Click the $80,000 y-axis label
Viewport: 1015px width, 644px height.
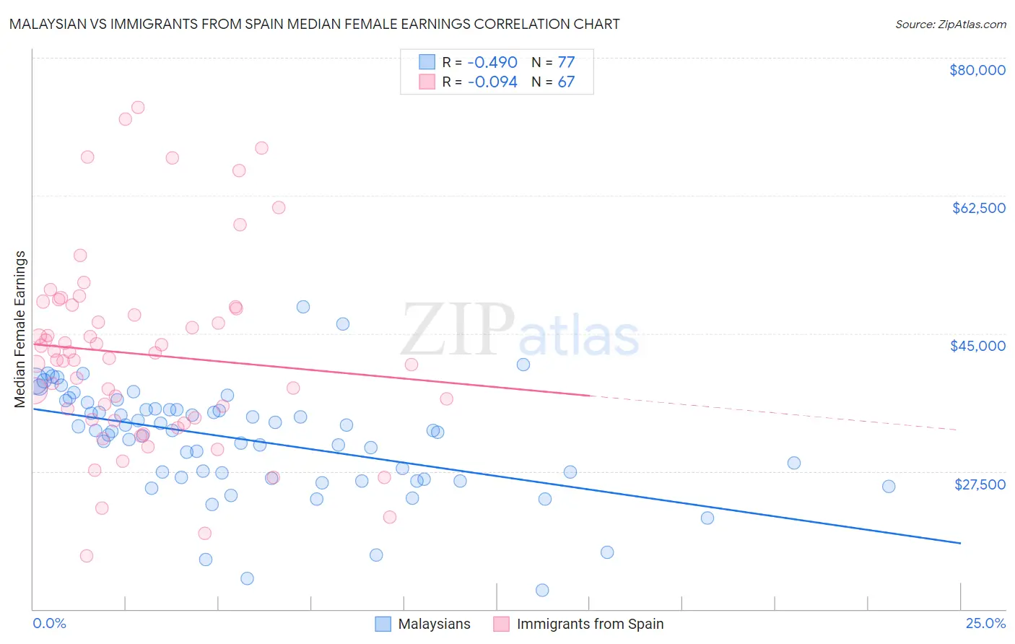977,70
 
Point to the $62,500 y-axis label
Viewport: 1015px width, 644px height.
978,208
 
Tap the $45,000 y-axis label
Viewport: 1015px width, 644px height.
977,346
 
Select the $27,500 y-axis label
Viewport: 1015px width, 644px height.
980,484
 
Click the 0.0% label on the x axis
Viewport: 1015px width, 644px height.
49,623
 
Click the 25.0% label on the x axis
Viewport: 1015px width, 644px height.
985,623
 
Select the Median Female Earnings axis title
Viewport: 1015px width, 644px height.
20,328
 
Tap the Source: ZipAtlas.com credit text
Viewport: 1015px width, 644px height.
950,24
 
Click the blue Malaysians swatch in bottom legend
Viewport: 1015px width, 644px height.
383,624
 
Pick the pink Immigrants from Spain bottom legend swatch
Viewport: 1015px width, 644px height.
501,624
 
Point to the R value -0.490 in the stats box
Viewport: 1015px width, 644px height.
492,62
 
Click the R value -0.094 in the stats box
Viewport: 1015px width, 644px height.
492,82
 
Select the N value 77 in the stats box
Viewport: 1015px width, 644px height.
566,62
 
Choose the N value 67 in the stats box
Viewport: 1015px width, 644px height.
566,82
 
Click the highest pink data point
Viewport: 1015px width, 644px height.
138,108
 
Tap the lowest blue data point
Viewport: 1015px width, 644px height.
542,591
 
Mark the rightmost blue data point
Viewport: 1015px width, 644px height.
889,487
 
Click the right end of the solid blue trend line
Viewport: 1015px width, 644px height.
960,542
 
